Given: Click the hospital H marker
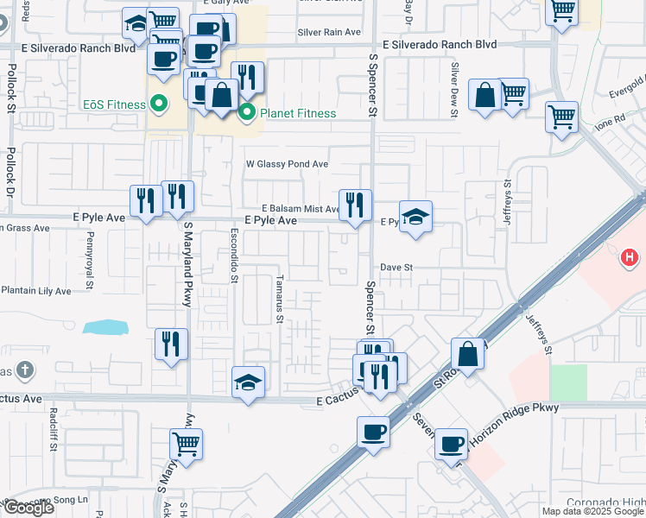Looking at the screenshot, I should (x=630, y=257).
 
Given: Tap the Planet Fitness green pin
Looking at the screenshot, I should (x=246, y=111).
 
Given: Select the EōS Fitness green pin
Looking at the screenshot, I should (x=158, y=104).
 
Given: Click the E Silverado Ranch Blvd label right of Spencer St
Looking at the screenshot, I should (x=440, y=44).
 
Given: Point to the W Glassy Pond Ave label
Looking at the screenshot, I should (x=288, y=163).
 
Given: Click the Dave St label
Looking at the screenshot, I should (x=397, y=268).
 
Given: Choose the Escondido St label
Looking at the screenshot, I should (x=234, y=256).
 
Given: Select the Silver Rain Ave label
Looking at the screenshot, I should (x=328, y=32).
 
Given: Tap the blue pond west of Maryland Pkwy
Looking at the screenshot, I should (x=106, y=327).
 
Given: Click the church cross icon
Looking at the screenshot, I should (x=26, y=370).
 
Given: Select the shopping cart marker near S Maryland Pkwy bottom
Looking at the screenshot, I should (x=187, y=444).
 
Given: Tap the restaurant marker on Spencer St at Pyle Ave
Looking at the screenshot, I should (x=355, y=205).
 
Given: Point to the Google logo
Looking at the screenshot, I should (x=28, y=508).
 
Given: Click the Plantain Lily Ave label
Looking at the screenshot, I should (x=36, y=291).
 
